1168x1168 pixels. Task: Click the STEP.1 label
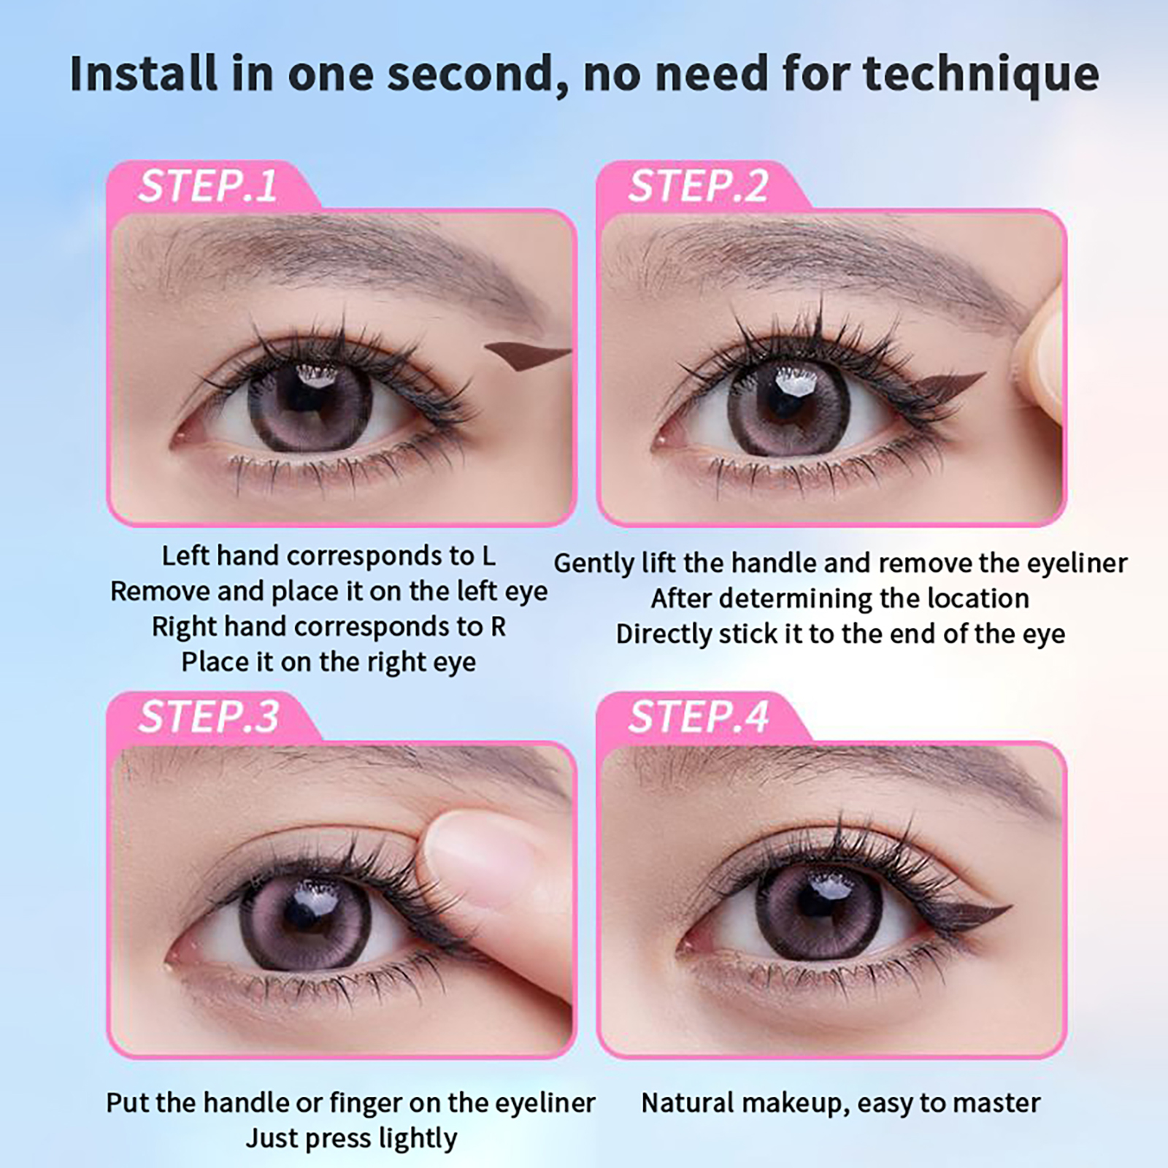point(208,186)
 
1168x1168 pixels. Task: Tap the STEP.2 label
point(699,186)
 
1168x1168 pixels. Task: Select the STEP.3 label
point(209,716)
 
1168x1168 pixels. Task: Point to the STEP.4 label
point(699,716)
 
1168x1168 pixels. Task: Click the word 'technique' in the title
point(980,74)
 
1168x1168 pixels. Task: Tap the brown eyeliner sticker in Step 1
point(526,356)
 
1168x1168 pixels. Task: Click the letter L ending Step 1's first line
point(488,556)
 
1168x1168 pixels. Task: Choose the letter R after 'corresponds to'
point(498,627)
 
